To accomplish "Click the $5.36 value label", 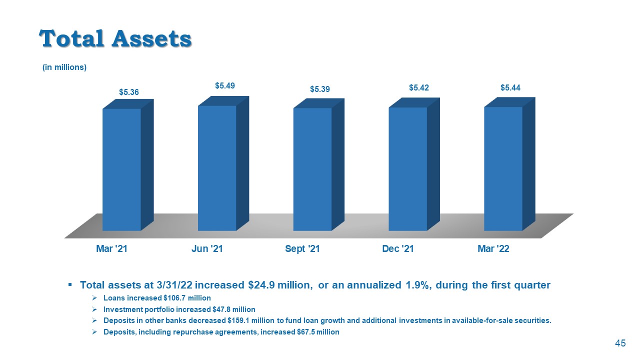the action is pos(129,92).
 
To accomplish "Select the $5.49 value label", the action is pos(225,85).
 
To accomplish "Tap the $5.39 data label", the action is pos(320,89).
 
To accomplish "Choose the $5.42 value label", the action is pos(419,88).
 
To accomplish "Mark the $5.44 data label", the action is pos(510,87).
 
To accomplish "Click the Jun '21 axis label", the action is pos(207,249).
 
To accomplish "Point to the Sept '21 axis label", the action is pos(302,249).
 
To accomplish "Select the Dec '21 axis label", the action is pos(397,249).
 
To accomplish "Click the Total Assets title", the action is pos(115,38).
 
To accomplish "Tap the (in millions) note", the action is pos(64,67).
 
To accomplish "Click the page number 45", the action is pos(620,343).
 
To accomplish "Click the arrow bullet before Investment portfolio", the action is pos(94,309).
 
